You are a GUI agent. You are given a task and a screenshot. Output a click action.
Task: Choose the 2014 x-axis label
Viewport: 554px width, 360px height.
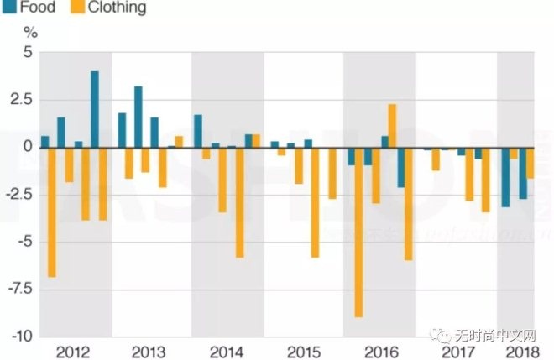click(x=227, y=351)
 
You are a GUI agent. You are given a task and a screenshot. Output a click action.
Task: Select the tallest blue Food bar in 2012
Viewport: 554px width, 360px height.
click(x=95, y=109)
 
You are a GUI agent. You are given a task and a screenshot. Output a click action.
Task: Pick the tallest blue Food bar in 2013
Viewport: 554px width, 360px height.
click(x=138, y=117)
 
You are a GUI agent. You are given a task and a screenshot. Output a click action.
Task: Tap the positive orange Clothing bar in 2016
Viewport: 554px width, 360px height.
click(x=392, y=126)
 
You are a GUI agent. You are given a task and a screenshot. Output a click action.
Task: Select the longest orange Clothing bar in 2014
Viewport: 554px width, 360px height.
click(x=239, y=201)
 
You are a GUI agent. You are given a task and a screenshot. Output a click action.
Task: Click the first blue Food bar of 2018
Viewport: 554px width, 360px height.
click(x=505, y=176)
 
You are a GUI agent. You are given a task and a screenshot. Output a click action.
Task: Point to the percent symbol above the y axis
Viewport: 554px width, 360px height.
click(x=31, y=33)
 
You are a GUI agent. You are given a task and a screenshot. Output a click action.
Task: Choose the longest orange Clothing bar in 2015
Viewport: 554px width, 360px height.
click(x=315, y=201)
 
